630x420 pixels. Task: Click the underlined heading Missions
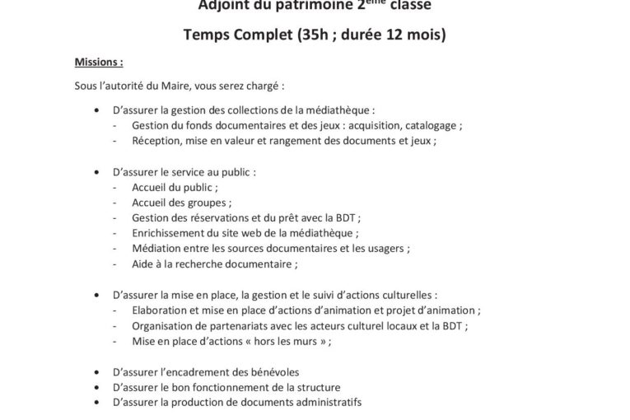tap(99, 62)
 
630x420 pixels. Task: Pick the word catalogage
tap(432, 125)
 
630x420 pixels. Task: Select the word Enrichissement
tap(168, 233)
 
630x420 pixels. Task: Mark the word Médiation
tap(155, 248)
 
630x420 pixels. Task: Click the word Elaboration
tap(158, 310)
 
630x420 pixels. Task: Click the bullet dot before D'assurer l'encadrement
tap(98, 371)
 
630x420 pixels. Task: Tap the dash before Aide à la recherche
tap(114, 264)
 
